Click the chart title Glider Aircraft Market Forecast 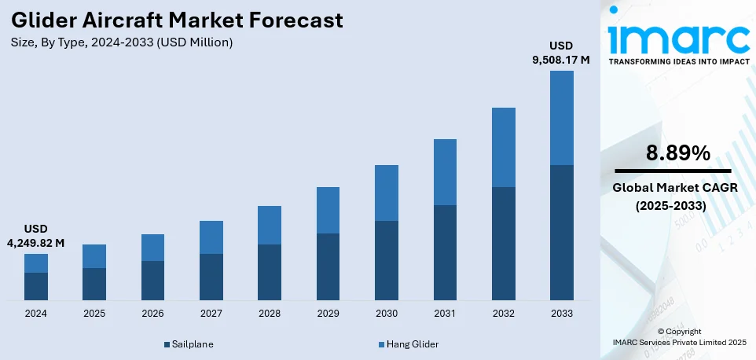coord(176,20)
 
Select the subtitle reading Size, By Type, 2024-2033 coord(121,42)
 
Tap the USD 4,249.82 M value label coord(35,236)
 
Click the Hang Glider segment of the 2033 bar coord(561,118)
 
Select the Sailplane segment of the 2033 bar coord(561,233)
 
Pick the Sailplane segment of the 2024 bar coord(36,286)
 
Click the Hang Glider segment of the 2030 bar coord(387,193)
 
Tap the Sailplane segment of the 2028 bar coord(270,272)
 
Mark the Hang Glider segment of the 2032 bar coord(503,147)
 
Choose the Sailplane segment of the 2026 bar coord(152,281)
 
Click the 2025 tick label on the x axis coord(94,313)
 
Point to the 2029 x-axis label coord(328,313)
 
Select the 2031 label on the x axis coord(445,313)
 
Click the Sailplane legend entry coord(189,344)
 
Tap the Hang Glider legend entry coord(408,344)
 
